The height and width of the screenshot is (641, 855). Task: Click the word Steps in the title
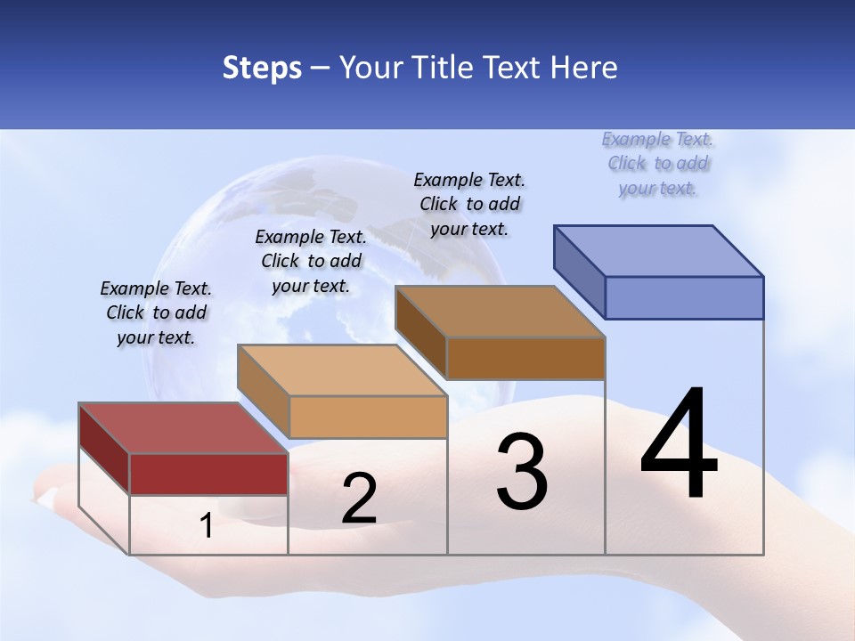point(262,68)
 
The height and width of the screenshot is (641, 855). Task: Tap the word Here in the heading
point(584,68)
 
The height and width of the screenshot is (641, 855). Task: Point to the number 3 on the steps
point(521,471)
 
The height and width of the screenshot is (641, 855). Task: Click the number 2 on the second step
point(359,499)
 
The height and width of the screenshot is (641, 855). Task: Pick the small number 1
point(206,526)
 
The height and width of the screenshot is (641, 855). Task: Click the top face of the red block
point(183,428)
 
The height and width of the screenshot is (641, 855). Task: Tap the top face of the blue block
point(659,250)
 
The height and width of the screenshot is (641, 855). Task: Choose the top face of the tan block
point(341,370)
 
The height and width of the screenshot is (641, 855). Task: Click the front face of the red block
point(208,474)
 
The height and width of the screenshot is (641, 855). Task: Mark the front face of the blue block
point(684,297)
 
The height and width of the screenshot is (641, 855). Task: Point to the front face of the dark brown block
point(525,358)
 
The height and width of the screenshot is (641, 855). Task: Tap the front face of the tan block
point(368,417)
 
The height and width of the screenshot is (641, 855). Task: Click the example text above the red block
point(156,312)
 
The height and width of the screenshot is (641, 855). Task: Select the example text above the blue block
point(658,163)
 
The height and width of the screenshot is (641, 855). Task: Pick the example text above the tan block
point(311,261)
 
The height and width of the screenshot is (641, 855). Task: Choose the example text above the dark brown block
point(469,204)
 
